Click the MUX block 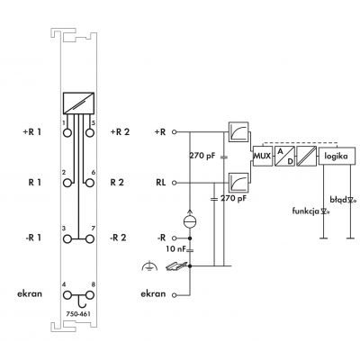(263, 156)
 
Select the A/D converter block (284, 156)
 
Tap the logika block (337, 156)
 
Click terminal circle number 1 (67, 132)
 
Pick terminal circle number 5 (90, 132)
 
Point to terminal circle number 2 (67, 183)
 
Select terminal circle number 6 (90, 183)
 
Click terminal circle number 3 (67, 239)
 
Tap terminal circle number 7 (90, 239)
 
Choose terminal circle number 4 (67, 295)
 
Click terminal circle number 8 (90, 295)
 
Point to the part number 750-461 (78, 314)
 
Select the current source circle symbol (190, 221)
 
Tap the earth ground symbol (149, 265)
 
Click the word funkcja (306, 211)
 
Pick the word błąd (338, 200)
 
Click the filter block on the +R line (238, 131)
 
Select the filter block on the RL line (238, 183)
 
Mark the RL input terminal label (161, 183)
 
